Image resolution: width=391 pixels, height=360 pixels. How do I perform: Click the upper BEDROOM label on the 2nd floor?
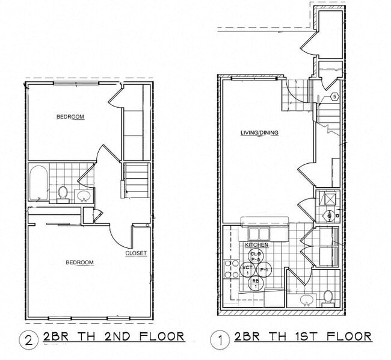(x=70, y=117)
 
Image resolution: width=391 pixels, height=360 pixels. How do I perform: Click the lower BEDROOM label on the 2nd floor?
(x=80, y=262)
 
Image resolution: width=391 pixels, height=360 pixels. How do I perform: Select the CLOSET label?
(x=135, y=253)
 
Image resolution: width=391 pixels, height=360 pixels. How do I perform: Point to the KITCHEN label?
(x=256, y=246)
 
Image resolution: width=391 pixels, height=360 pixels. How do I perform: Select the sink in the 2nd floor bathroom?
(x=83, y=196)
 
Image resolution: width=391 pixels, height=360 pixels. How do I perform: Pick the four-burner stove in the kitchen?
(x=230, y=269)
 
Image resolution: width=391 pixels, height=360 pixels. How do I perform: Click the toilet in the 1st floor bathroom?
(x=328, y=296)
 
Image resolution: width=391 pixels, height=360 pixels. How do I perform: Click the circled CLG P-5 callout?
(x=256, y=257)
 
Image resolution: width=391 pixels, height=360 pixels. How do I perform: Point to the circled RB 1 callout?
(x=256, y=283)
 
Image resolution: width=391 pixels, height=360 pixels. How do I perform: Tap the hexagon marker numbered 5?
(x=334, y=97)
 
